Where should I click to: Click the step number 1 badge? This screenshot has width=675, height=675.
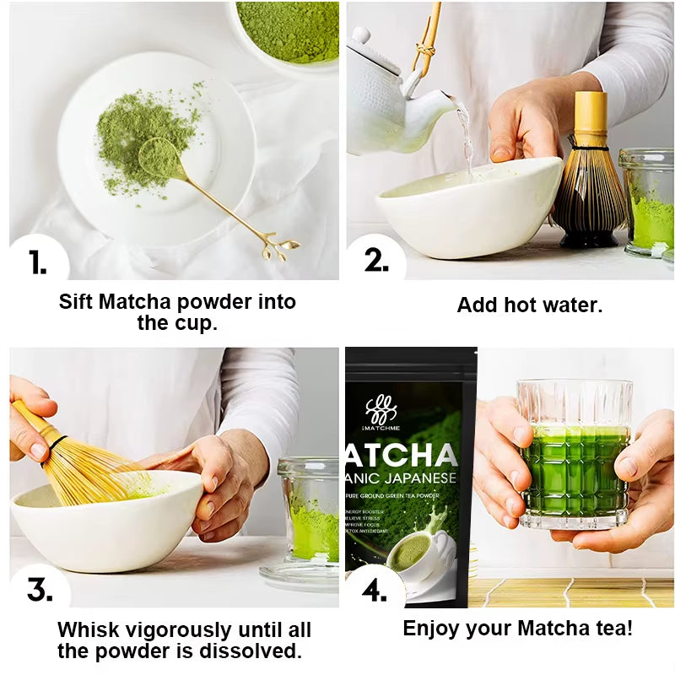[x=36, y=262]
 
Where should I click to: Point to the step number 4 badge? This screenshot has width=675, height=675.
[x=375, y=590]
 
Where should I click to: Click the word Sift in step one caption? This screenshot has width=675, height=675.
[x=75, y=302]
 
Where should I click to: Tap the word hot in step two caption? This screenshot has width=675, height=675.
[x=526, y=305]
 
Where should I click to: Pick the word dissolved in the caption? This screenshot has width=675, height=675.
[x=256, y=651]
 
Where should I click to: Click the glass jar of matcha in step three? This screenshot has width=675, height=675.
[x=310, y=511]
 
